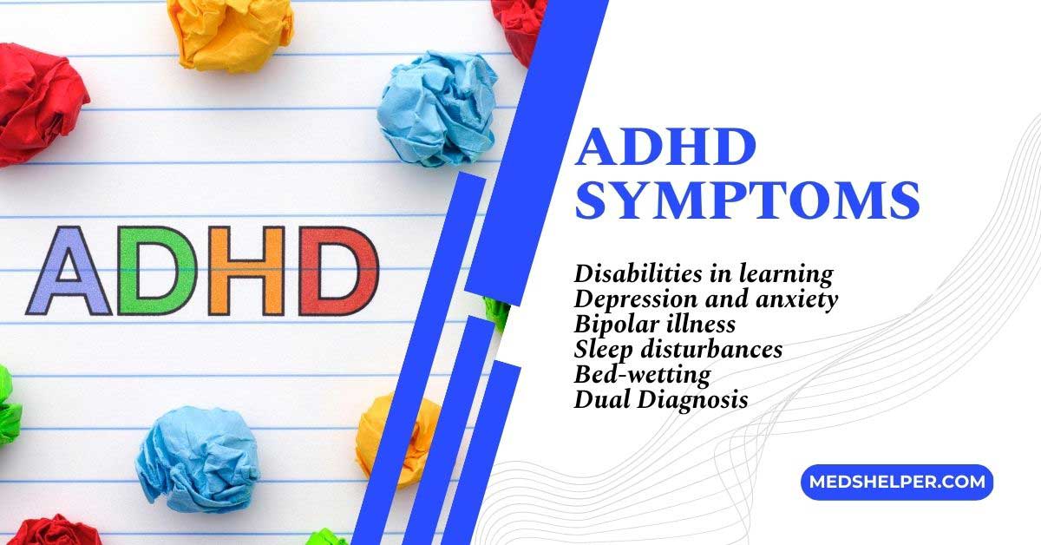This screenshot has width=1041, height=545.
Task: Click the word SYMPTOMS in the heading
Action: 748,200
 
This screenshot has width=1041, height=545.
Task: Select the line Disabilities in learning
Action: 703,274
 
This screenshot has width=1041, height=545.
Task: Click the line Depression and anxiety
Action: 705,299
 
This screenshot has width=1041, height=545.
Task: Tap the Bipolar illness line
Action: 654,325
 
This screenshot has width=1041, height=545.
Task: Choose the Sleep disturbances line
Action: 678,349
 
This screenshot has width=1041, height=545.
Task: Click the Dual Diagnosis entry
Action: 660,399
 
